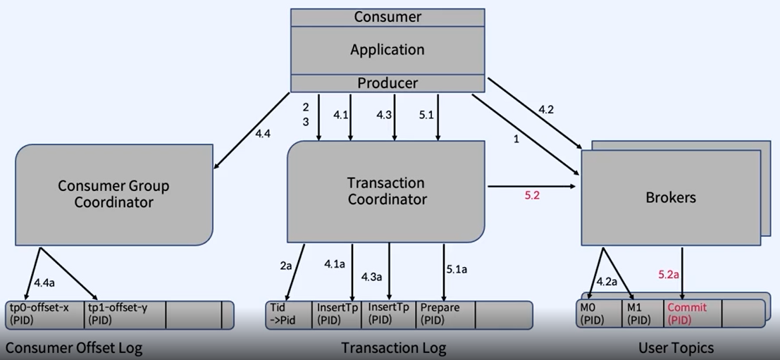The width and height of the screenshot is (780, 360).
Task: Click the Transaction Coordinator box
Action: tap(387, 191)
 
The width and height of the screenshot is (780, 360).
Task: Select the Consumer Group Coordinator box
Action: tap(113, 194)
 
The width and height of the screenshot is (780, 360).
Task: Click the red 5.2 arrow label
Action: tap(532, 195)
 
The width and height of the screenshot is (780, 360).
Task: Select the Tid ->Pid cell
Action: tap(288, 314)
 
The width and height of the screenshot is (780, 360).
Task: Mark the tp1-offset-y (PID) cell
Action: tap(124, 314)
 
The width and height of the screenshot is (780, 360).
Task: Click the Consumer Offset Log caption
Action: tap(74, 347)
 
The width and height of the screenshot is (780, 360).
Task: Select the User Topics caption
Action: tap(676, 347)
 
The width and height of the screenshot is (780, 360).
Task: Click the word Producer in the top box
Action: tap(388, 83)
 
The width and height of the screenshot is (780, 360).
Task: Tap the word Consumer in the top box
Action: tap(388, 16)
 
